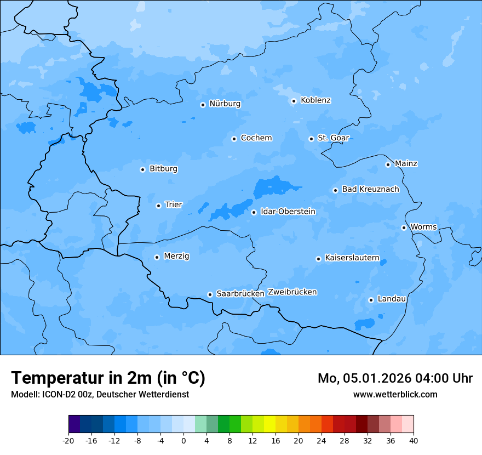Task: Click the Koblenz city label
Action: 315,100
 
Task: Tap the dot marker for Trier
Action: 158,206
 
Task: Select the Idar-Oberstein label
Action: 288,212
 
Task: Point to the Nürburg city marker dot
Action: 203,105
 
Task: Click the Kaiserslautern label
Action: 352,258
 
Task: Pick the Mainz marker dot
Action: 388,164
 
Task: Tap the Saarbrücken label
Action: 240,294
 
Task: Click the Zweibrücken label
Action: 292,292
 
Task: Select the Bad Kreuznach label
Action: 370,189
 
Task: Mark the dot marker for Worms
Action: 404,228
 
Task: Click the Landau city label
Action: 392,299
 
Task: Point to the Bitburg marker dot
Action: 142,169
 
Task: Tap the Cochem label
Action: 256,138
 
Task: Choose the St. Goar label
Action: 333,138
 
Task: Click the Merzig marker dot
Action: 157,257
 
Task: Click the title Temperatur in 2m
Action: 108,378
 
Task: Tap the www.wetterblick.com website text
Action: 395,394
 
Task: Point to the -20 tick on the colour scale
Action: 68,440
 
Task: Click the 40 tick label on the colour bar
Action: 414,440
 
